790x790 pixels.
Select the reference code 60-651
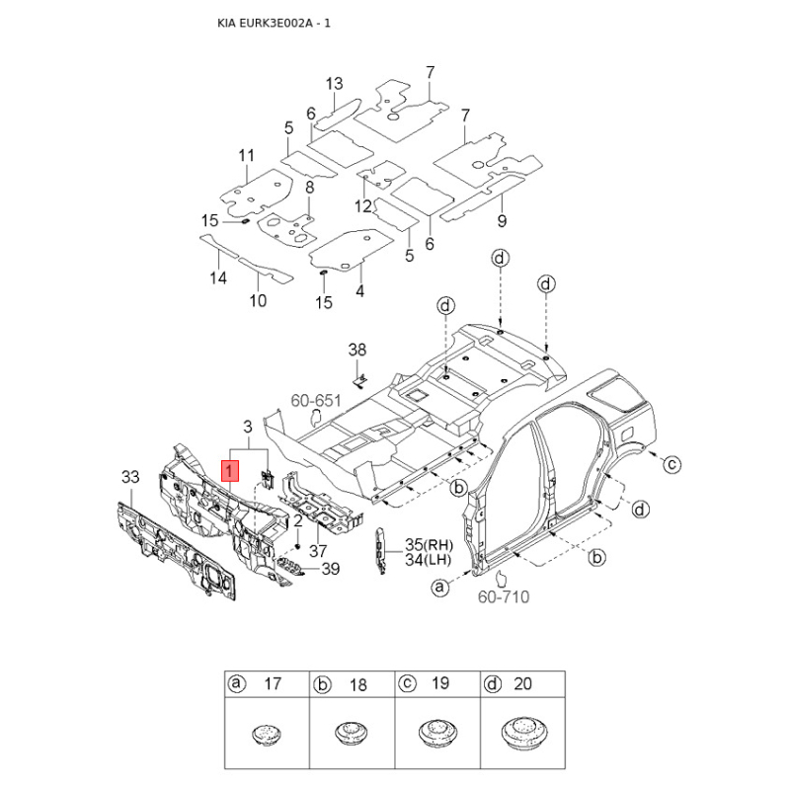pyautogui.click(x=315, y=401)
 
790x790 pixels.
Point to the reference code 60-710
pyautogui.click(x=504, y=597)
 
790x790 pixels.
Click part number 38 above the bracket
pyautogui.click(x=357, y=350)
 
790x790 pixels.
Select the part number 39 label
pyautogui.click(x=330, y=568)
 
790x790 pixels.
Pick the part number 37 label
pyautogui.click(x=318, y=550)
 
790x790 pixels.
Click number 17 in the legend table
pyautogui.click(x=274, y=683)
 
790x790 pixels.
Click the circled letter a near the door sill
pyautogui.click(x=441, y=589)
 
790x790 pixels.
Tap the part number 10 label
pyautogui.click(x=257, y=301)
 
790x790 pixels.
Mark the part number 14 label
pyautogui.click(x=218, y=278)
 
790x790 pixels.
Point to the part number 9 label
pyautogui.click(x=502, y=220)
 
